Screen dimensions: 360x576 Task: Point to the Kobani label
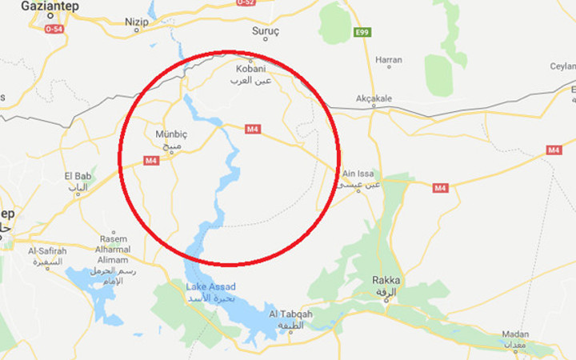[251, 69]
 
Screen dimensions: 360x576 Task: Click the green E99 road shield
[362, 32]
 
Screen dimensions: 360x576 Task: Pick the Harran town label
[389, 60]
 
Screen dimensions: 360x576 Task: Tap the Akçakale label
[374, 98]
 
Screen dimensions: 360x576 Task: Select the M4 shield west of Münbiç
[151, 161]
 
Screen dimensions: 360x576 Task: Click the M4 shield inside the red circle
[253, 129]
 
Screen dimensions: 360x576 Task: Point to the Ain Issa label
[359, 174]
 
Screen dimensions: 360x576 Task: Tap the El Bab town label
[78, 176]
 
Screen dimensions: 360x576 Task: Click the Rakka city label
[386, 281]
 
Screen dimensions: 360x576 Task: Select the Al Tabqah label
[291, 314]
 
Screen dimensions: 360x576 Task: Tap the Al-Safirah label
[47, 250]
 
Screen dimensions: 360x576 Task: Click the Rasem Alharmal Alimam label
[112, 250]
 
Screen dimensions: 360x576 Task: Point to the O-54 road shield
[54, 30]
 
